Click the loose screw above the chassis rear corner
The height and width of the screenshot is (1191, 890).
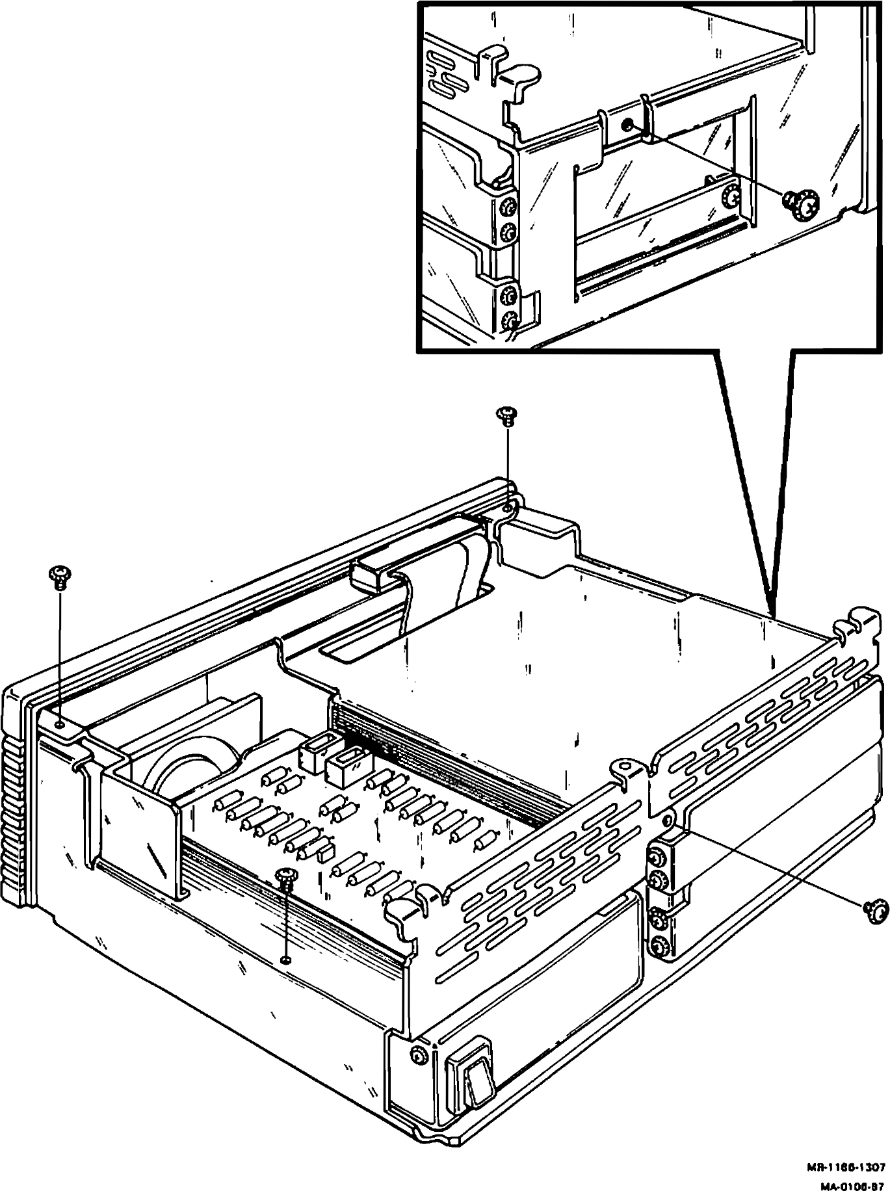tap(506, 414)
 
